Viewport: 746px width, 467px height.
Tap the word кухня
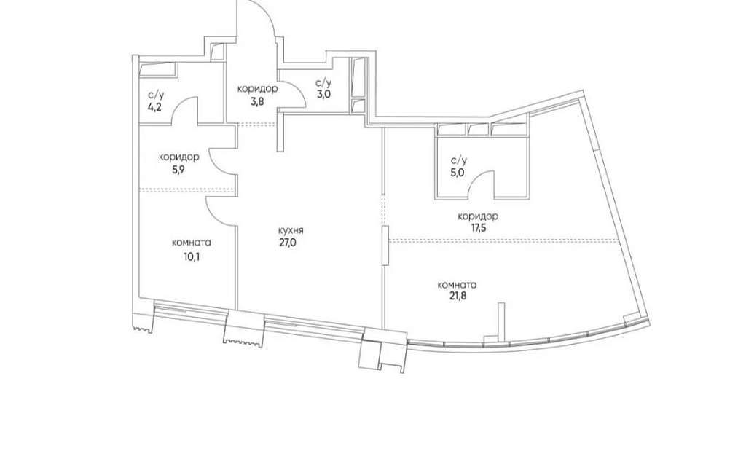(291, 231)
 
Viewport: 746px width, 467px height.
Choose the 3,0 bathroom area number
(324, 94)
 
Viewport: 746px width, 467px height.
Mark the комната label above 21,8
(457, 285)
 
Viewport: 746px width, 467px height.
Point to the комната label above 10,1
(192, 243)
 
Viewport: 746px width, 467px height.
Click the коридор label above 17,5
(478, 216)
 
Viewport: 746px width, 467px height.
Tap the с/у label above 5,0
(459, 161)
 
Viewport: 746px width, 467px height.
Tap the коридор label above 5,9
(178, 157)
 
